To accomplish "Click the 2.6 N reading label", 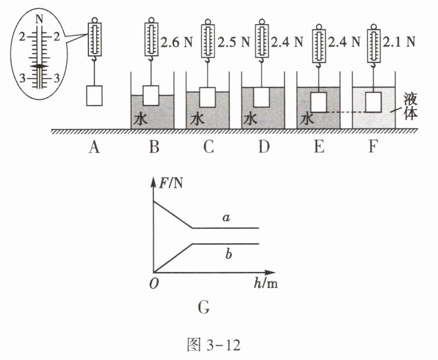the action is pos(176,42).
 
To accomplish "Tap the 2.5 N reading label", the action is pos(234,42).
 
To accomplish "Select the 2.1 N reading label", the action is pos(399,42).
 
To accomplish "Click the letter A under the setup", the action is pos(94,147).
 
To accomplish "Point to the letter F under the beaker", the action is pos(373,146).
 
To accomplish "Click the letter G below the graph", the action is pos(204,308).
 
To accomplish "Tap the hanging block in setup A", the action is pos(94,96).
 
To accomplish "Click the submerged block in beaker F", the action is pos(374,102).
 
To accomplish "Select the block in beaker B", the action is pos(151,96).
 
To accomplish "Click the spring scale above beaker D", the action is pos(262,40).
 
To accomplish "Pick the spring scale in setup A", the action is pos(94,40).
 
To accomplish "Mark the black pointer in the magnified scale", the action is pos(39,66).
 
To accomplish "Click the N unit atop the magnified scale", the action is pos(40,19).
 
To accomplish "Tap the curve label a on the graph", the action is pos(226,217).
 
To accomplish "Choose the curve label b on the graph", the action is pos(228,255).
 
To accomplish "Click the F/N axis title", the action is pos(171,184).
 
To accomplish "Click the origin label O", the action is pos(154,284).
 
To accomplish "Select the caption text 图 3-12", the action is pos(214,345).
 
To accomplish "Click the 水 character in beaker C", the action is pos(197,120).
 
